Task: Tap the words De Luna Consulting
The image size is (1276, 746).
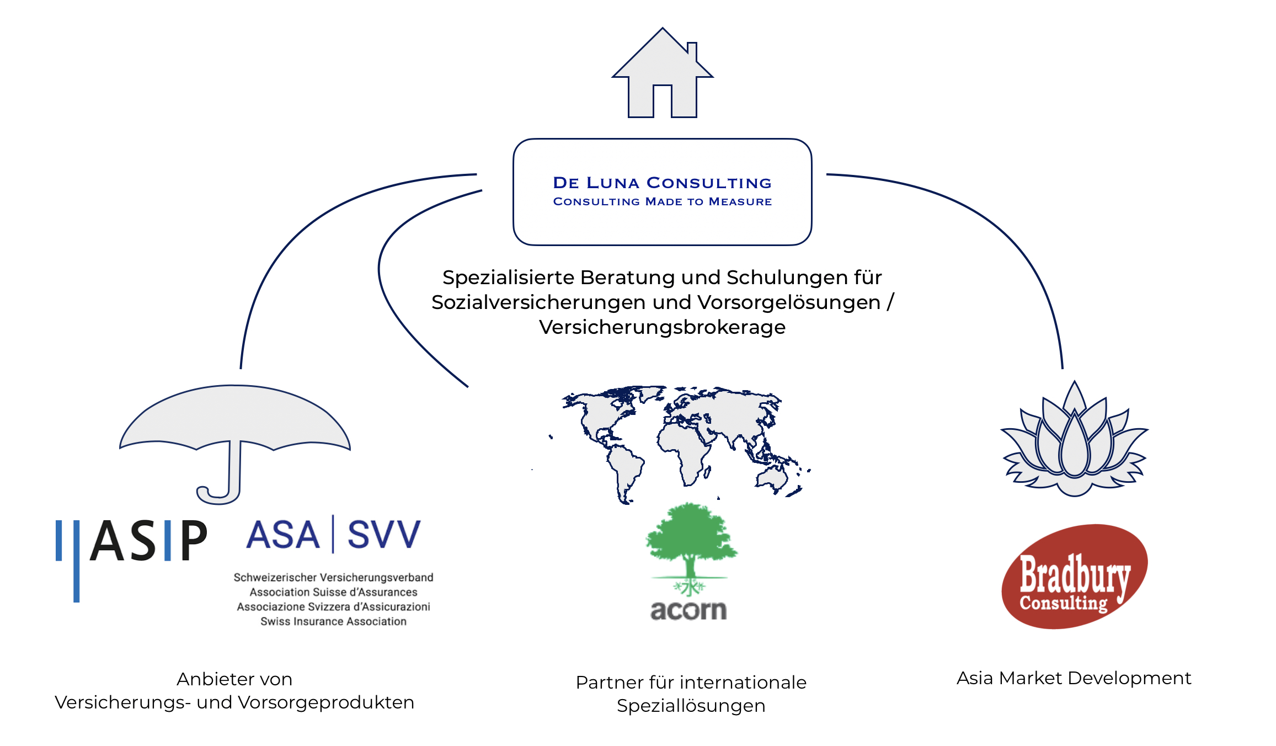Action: [662, 183]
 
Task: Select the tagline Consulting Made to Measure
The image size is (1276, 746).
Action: [662, 202]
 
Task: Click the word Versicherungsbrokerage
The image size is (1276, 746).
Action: [662, 327]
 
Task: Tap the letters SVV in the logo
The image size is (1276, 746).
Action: [384, 535]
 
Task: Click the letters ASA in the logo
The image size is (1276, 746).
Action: [283, 535]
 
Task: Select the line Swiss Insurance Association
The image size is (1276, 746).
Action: [333, 621]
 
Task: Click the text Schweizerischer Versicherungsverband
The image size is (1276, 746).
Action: [333, 578]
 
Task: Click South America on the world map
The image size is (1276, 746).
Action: [626, 469]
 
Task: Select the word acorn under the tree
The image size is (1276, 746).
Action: [688, 610]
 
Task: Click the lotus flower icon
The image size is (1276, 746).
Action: [1074, 441]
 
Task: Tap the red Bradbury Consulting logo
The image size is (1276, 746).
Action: [1074, 577]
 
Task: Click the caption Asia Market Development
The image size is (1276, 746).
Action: [1074, 678]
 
